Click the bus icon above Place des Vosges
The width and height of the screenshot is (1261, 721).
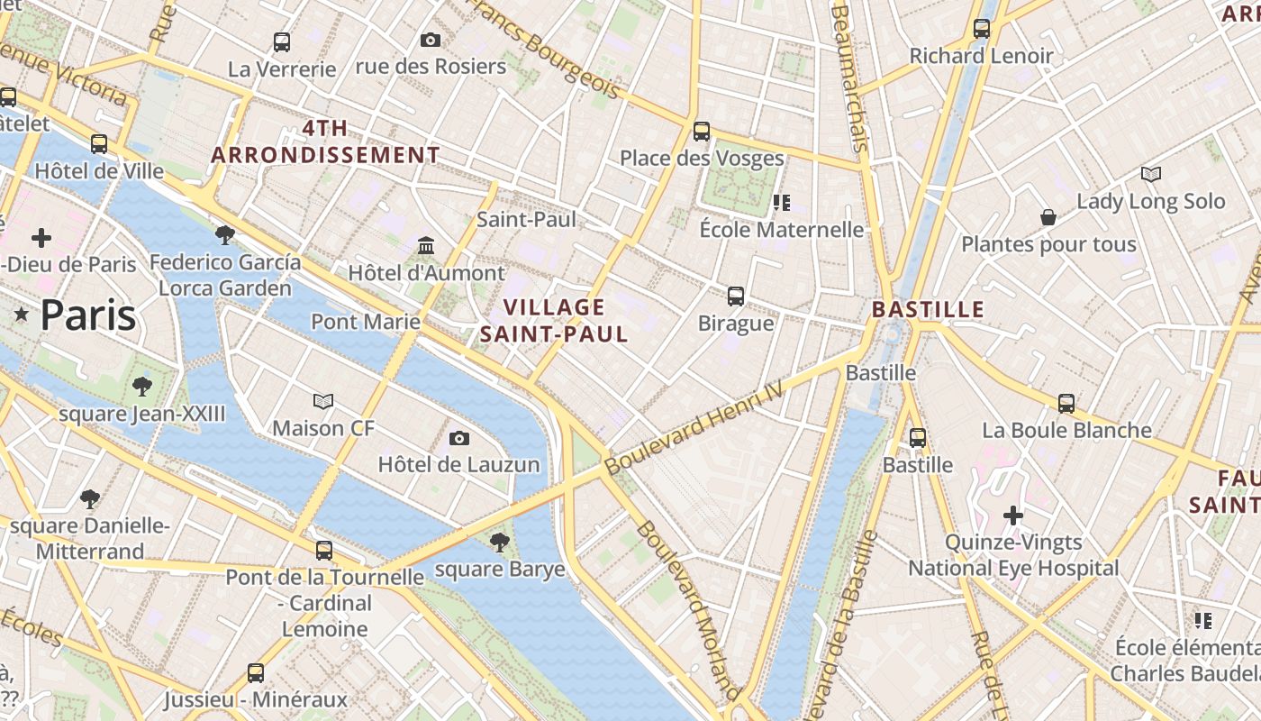[702, 132]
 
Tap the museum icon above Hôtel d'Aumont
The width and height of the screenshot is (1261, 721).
[426, 245]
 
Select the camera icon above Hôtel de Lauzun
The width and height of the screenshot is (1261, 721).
[459, 439]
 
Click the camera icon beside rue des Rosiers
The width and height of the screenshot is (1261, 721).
[431, 40]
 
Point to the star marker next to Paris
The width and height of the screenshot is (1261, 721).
[22, 315]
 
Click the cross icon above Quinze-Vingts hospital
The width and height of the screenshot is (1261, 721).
[1013, 516]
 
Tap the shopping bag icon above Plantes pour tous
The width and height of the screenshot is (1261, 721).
[1048, 217]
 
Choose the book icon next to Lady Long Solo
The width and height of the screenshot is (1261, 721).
[1150, 174]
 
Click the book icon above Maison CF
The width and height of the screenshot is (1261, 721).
[323, 401]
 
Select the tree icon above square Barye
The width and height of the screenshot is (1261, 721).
[499, 542]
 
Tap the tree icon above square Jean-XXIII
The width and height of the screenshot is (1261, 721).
[141, 387]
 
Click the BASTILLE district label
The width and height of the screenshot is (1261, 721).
[928, 310]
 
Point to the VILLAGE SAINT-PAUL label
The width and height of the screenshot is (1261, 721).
[553, 321]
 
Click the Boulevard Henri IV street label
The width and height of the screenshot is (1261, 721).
[694, 424]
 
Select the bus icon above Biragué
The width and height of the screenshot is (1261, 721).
[736, 296]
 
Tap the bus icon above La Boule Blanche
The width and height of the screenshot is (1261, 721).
[1066, 403]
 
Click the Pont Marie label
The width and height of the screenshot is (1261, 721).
[366, 322]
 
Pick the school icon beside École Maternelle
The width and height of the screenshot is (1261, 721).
[781, 203]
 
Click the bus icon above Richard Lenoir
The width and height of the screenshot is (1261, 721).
[982, 29]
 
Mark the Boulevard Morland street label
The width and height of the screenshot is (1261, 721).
[688, 609]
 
